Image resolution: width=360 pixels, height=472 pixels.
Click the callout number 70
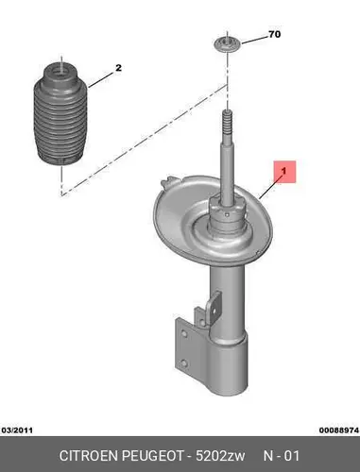[x=274, y=34]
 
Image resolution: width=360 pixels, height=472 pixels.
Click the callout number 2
[x=118, y=68]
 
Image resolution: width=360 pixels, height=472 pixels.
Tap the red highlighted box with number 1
[x=284, y=172]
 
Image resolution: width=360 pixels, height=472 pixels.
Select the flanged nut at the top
[x=227, y=44]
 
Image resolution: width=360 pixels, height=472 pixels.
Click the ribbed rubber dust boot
[x=60, y=115]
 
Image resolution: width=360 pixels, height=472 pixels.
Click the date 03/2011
[x=17, y=430]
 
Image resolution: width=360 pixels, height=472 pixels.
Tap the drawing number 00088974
[x=339, y=430]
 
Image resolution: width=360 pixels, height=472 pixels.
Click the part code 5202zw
[x=220, y=456]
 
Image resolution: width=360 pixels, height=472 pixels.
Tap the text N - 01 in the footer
[x=282, y=456]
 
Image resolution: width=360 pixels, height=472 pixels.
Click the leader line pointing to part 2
[x=100, y=79]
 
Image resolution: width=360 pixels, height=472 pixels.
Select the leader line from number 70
[x=254, y=41]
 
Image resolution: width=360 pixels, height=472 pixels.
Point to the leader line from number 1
[x=270, y=188]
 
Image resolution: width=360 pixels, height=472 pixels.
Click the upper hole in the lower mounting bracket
[x=185, y=333]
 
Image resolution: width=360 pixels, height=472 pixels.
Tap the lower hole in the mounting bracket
[x=184, y=363]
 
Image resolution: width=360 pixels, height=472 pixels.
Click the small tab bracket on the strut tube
[x=214, y=307]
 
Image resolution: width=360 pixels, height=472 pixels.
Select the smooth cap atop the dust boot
[x=60, y=73]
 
